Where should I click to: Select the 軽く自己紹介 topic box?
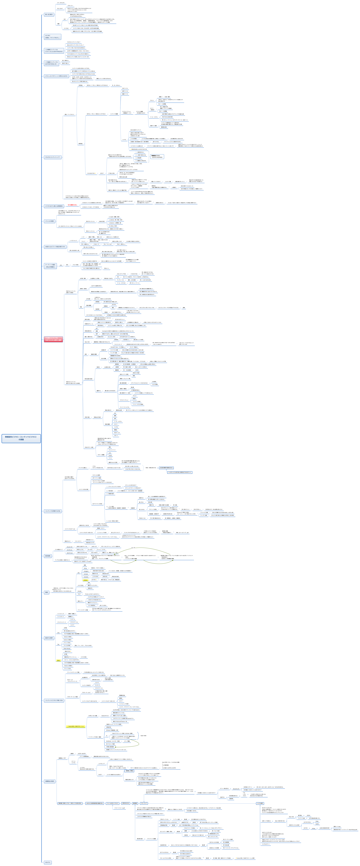coord(49,14)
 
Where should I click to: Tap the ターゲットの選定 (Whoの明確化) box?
coord(50,266)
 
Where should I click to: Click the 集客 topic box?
coord(47,592)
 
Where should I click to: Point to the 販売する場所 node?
coord(49,638)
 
